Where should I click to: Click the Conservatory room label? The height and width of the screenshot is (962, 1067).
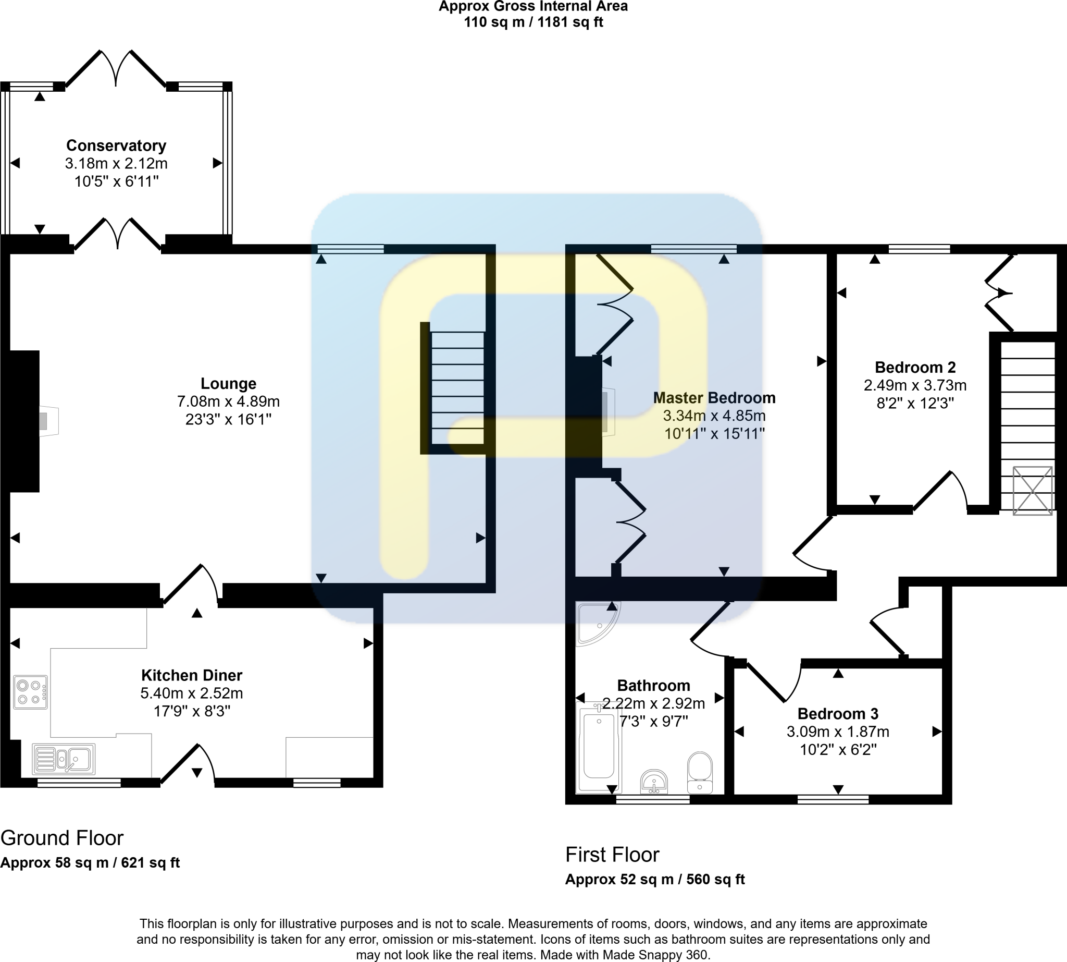tap(116, 145)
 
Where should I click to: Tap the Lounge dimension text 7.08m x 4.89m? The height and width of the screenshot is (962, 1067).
tap(228, 401)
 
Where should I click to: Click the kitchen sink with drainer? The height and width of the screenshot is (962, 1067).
tap(64, 759)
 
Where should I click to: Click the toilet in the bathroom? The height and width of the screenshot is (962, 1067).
tap(700, 773)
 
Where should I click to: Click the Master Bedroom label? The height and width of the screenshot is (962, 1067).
tap(714, 397)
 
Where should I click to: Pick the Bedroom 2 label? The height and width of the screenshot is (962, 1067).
tap(915, 368)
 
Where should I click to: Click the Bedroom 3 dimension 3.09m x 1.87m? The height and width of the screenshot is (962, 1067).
tap(838, 732)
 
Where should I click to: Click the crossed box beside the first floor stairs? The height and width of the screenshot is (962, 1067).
tap(1032, 491)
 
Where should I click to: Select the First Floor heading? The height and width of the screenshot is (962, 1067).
tap(612, 855)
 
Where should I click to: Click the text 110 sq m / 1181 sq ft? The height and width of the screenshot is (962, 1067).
tap(533, 22)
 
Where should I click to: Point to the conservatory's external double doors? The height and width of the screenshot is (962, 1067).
tap(116, 69)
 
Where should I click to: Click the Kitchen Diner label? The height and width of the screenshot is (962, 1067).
tap(192, 676)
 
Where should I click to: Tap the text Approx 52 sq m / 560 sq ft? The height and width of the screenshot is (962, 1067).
tap(654, 880)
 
